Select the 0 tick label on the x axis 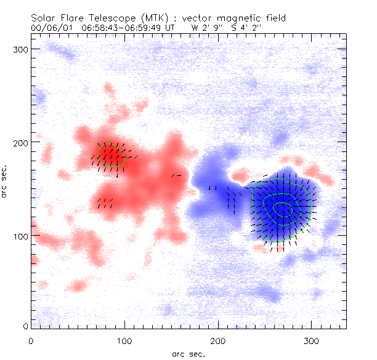(31, 339)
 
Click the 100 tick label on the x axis (124, 339)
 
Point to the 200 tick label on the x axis (218, 339)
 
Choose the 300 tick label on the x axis (312, 339)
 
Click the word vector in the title (192, 18)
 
